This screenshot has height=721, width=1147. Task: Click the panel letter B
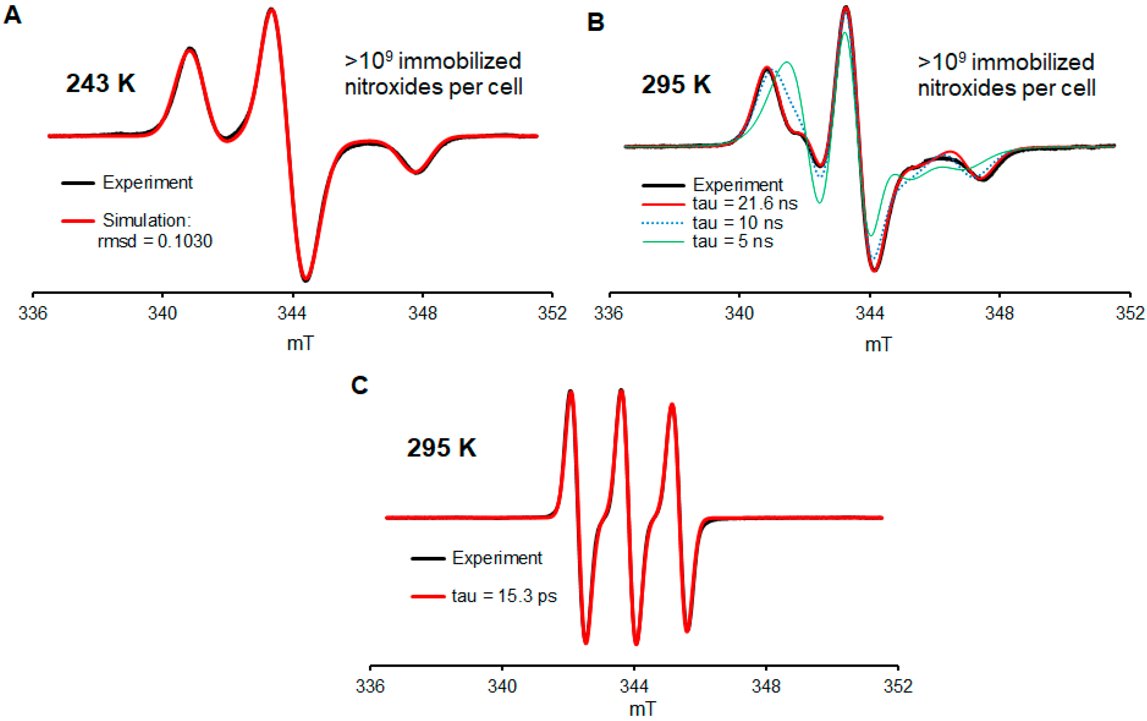pyautogui.click(x=596, y=22)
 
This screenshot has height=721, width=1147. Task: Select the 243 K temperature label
pyautogui.click(x=101, y=84)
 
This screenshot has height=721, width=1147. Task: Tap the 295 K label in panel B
pyautogui.click(x=675, y=85)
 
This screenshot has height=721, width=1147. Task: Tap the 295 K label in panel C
pyautogui.click(x=441, y=448)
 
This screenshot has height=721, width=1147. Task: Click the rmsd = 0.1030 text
pyautogui.click(x=155, y=241)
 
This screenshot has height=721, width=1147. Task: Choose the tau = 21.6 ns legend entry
pyautogui.click(x=744, y=204)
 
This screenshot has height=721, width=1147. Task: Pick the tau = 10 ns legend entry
pyautogui.click(x=737, y=223)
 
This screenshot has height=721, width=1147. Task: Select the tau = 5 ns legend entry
pyautogui.click(x=732, y=241)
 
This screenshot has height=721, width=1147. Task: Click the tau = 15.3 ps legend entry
pyautogui.click(x=504, y=596)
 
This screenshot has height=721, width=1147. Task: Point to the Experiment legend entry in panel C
pyautogui.click(x=496, y=558)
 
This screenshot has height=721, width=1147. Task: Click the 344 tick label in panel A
pyautogui.click(x=292, y=313)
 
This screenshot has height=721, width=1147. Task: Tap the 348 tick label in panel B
pyautogui.click(x=999, y=313)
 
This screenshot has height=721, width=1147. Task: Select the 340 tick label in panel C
pyautogui.click(x=502, y=686)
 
